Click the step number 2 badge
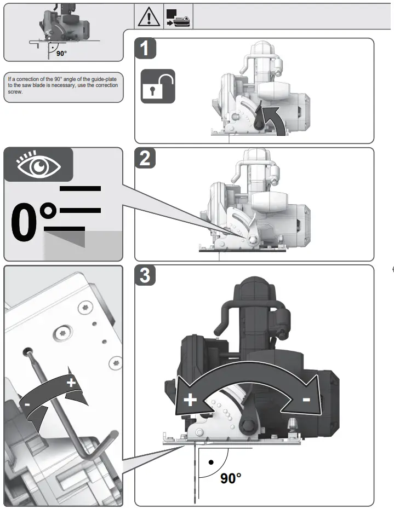pos(145,159)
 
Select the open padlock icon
pos(158,86)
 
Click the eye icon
pos(38,165)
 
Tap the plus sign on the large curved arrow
pos(190,400)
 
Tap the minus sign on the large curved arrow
pos(306,400)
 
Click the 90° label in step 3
pos(231,478)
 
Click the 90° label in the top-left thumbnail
pos(61,53)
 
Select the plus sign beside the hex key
pos(71,383)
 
